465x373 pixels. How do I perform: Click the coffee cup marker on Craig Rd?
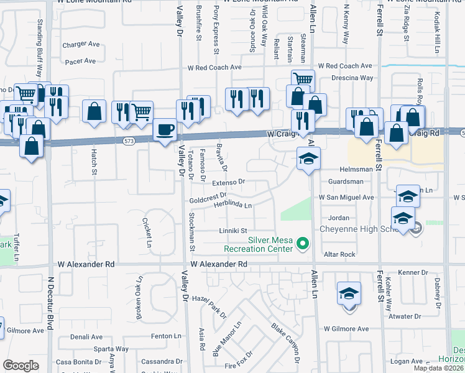click(164, 131)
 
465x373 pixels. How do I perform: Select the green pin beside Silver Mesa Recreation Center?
click(303, 243)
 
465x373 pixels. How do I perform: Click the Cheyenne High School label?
click(363, 229)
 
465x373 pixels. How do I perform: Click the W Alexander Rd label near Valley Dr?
click(219, 264)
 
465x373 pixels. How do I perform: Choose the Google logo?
click(21, 365)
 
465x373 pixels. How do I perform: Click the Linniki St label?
click(233, 230)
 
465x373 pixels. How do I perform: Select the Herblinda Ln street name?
click(233, 205)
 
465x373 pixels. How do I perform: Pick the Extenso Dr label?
click(229, 182)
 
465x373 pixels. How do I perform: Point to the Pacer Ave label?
click(81, 61)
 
